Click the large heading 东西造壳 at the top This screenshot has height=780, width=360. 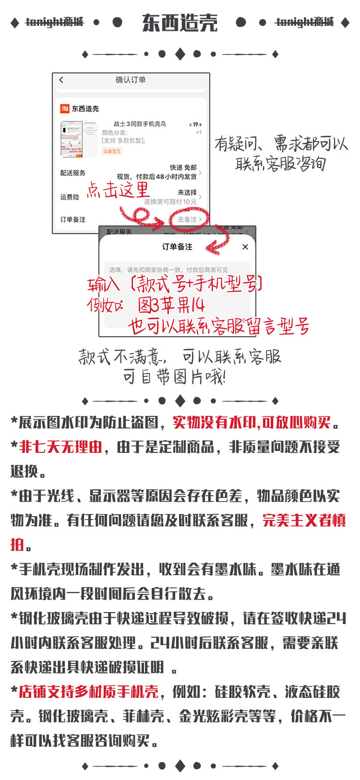tap(180, 23)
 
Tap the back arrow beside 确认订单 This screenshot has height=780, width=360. tap(61, 80)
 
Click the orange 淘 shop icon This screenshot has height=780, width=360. tap(64, 109)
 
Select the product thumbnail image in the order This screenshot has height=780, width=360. tap(78, 139)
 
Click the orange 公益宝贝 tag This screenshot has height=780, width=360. tap(112, 151)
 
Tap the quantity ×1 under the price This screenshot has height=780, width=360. tap(198, 132)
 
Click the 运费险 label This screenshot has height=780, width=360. tap(70, 197)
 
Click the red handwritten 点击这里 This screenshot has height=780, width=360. tap(118, 190)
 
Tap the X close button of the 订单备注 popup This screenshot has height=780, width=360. tap(245, 247)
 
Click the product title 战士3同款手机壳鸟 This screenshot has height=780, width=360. tap(140, 124)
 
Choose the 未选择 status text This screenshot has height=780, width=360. tap(187, 192)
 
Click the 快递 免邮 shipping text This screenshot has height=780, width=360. tap(183, 167)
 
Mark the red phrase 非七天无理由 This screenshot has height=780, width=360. tap(60, 447)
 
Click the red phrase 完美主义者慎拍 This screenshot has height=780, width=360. tap(303, 520)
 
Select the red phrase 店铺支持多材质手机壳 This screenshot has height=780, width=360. tap(88, 692)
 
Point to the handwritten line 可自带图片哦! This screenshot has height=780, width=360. tap(174, 377)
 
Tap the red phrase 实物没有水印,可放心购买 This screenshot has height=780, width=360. tap(252, 423)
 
